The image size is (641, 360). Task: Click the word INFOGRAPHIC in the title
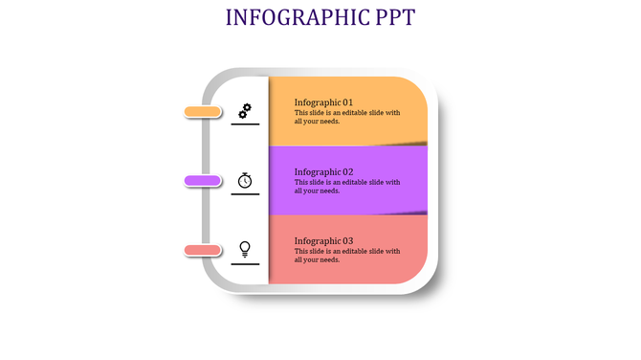point(294,17)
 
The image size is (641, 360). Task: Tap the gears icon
point(245,111)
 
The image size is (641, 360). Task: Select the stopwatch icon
point(245,180)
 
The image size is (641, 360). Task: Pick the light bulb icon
point(245,249)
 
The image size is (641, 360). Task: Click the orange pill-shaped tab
point(203,112)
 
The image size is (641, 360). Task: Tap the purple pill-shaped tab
point(203,181)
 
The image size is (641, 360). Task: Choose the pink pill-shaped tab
point(203,250)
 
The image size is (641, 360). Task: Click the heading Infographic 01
point(323,102)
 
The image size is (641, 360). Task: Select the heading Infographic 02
point(323,172)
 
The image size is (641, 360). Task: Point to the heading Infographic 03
point(323,241)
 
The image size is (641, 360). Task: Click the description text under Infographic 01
point(346,117)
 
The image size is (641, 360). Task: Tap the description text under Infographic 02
point(346,186)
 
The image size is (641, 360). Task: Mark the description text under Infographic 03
point(346,256)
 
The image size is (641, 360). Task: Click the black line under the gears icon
point(245,124)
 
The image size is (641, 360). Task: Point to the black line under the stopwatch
point(245,194)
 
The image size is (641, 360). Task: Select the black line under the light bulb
point(245,263)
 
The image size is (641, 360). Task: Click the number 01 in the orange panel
point(347,102)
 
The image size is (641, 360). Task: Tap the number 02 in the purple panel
point(347,172)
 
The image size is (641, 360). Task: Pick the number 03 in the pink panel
point(347,241)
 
